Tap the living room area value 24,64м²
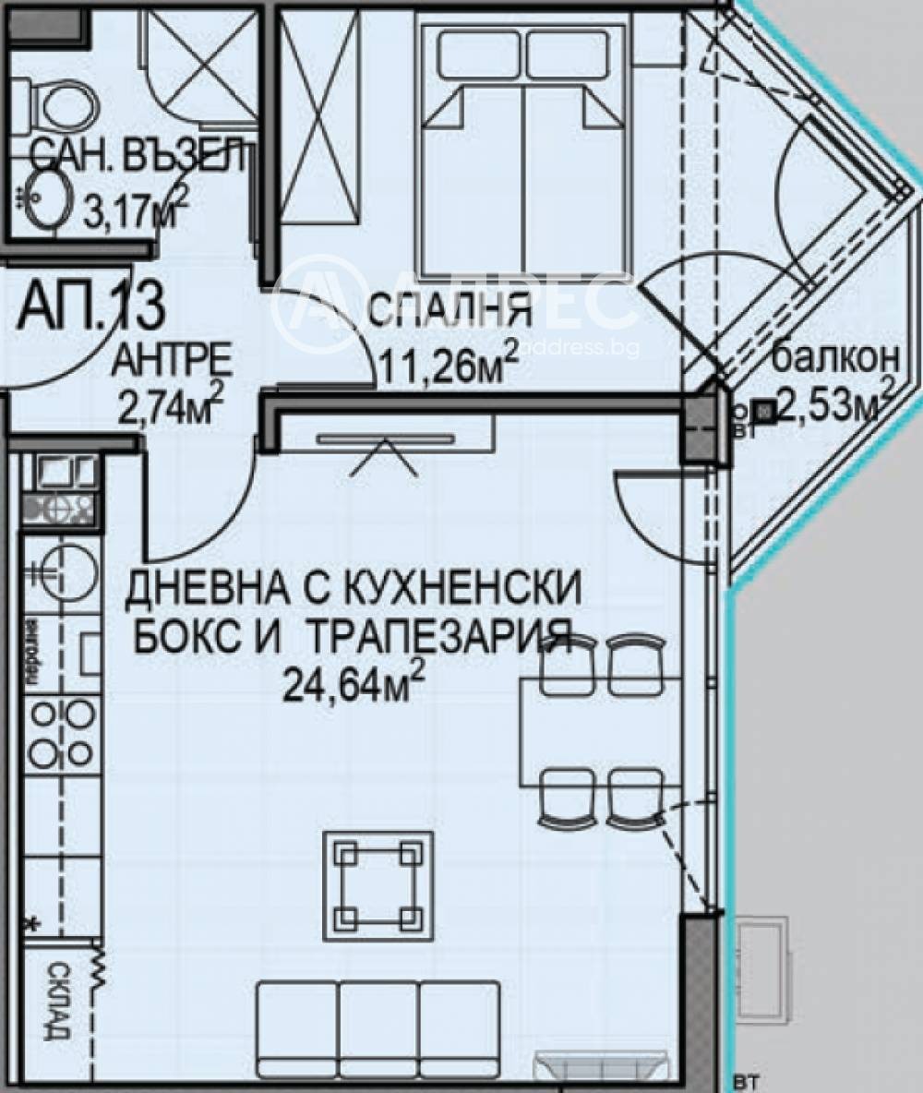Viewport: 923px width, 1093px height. [x=355, y=685]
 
